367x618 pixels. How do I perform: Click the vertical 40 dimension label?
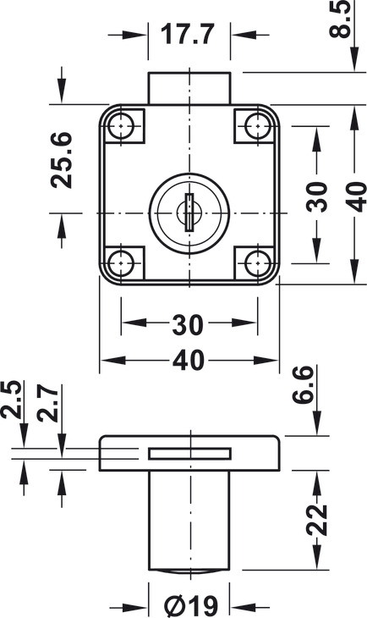355,196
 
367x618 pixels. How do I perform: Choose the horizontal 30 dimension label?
189,323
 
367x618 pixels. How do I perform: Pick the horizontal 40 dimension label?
189,361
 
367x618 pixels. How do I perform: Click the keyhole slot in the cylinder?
189,208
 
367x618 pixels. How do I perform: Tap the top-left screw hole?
123,126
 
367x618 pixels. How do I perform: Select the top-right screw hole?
255,126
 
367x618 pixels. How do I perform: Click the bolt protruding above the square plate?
189,88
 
